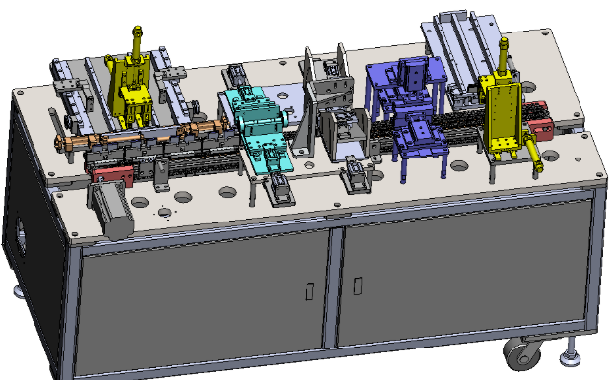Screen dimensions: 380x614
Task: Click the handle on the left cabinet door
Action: (309, 291)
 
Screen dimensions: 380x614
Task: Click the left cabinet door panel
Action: (207, 300)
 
